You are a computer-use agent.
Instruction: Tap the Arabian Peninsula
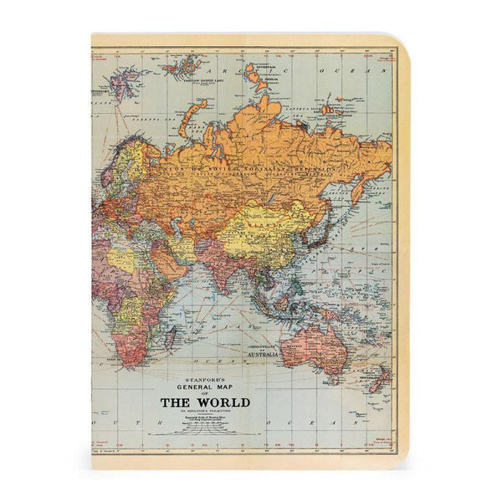pyautogui.click(x=171, y=259)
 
